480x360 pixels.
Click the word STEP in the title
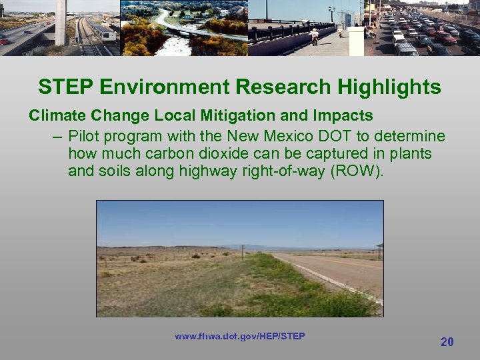click(x=62, y=87)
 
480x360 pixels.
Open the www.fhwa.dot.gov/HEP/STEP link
click(x=239, y=336)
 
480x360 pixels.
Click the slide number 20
click(x=447, y=342)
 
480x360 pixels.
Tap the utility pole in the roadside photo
click(x=243, y=251)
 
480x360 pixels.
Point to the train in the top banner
click(x=99, y=30)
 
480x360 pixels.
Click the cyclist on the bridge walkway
click(x=314, y=35)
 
